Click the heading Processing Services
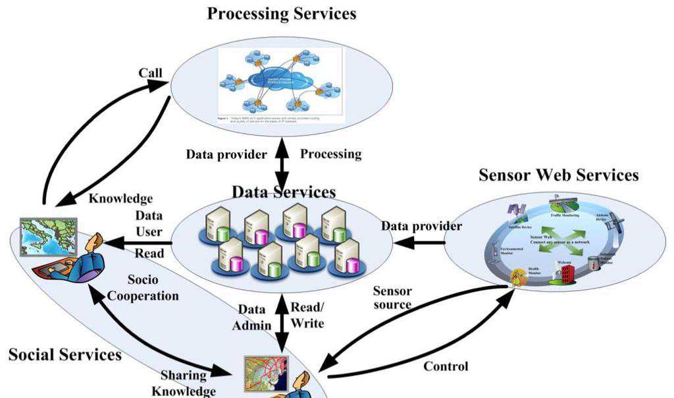282,13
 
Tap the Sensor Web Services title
558,175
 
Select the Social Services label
65,355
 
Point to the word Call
150,72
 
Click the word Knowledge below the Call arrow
120,198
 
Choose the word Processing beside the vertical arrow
330,154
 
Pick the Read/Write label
308,316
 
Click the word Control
446,366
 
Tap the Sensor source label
392,298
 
